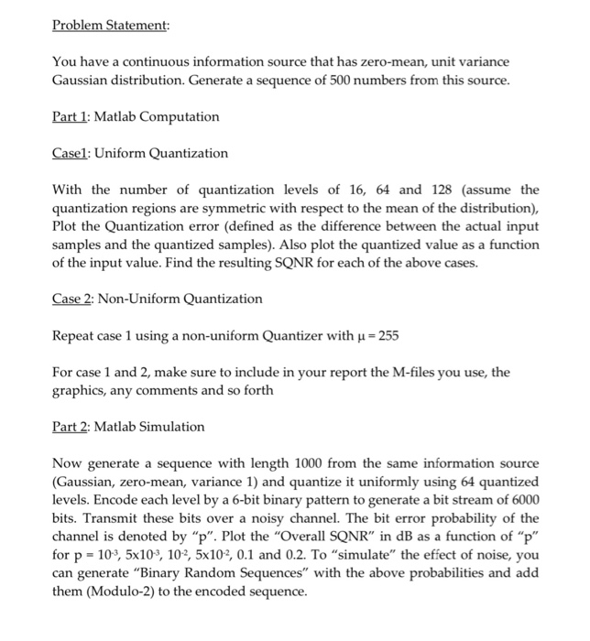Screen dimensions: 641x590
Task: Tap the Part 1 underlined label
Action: pyautogui.click(x=70, y=116)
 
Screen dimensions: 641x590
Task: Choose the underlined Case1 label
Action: pyautogui.click(x=71, y=153)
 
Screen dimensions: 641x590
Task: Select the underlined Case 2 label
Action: pyautogui.click(x=73, y=299)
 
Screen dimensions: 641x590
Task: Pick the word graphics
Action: pyautogui.click(x=81, y=390)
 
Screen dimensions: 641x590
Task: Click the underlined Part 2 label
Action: pyautogui.click(x=71, y=427)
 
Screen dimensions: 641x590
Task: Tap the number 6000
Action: pyautogui.click(x=523, y=500)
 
